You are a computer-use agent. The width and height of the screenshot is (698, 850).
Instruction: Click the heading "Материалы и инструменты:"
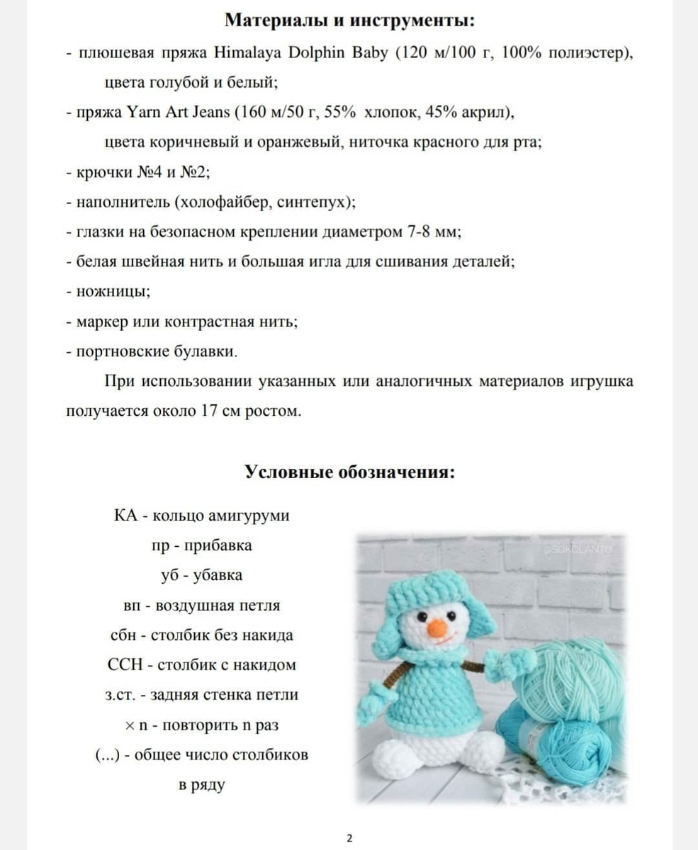click(349, 21)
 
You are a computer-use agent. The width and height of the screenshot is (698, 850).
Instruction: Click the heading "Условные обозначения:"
click(349, 472)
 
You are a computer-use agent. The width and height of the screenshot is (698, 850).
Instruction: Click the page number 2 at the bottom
click(349, 839)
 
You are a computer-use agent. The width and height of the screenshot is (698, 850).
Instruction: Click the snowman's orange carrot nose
click(437, 628)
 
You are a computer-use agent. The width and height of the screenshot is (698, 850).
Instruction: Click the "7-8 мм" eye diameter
click(436, 232)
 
